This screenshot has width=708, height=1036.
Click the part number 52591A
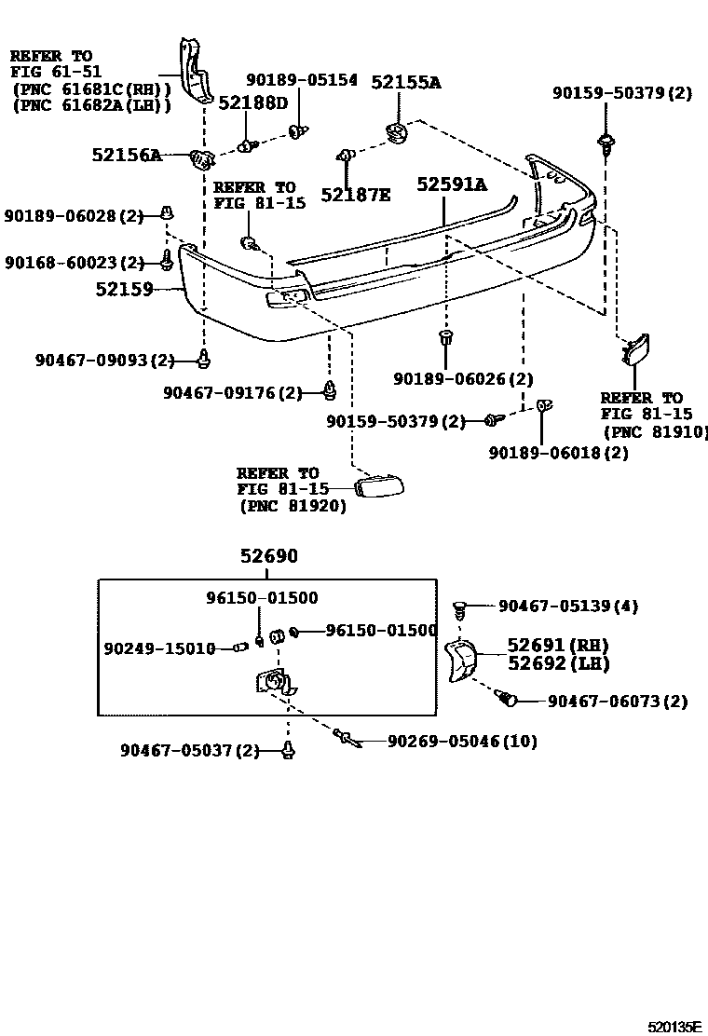coord(451,184)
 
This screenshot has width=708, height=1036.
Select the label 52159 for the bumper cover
coord(124,290)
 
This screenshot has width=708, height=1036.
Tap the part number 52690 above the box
coord(268,556)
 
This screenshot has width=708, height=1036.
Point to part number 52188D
coord(253,102)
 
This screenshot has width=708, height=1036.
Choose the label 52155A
coord(406,82)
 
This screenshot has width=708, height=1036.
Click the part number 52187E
coord(356,195)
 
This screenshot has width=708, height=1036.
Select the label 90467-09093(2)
coord(105,360)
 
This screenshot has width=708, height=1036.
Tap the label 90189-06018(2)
coord(558,453)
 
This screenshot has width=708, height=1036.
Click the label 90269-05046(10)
coord(461,742)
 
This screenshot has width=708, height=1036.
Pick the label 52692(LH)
coord(557,663)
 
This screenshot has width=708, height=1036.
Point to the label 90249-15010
coord(159,647)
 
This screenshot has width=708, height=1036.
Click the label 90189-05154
coord(301,80)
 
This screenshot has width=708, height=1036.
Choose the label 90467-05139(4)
coord(568,607)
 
